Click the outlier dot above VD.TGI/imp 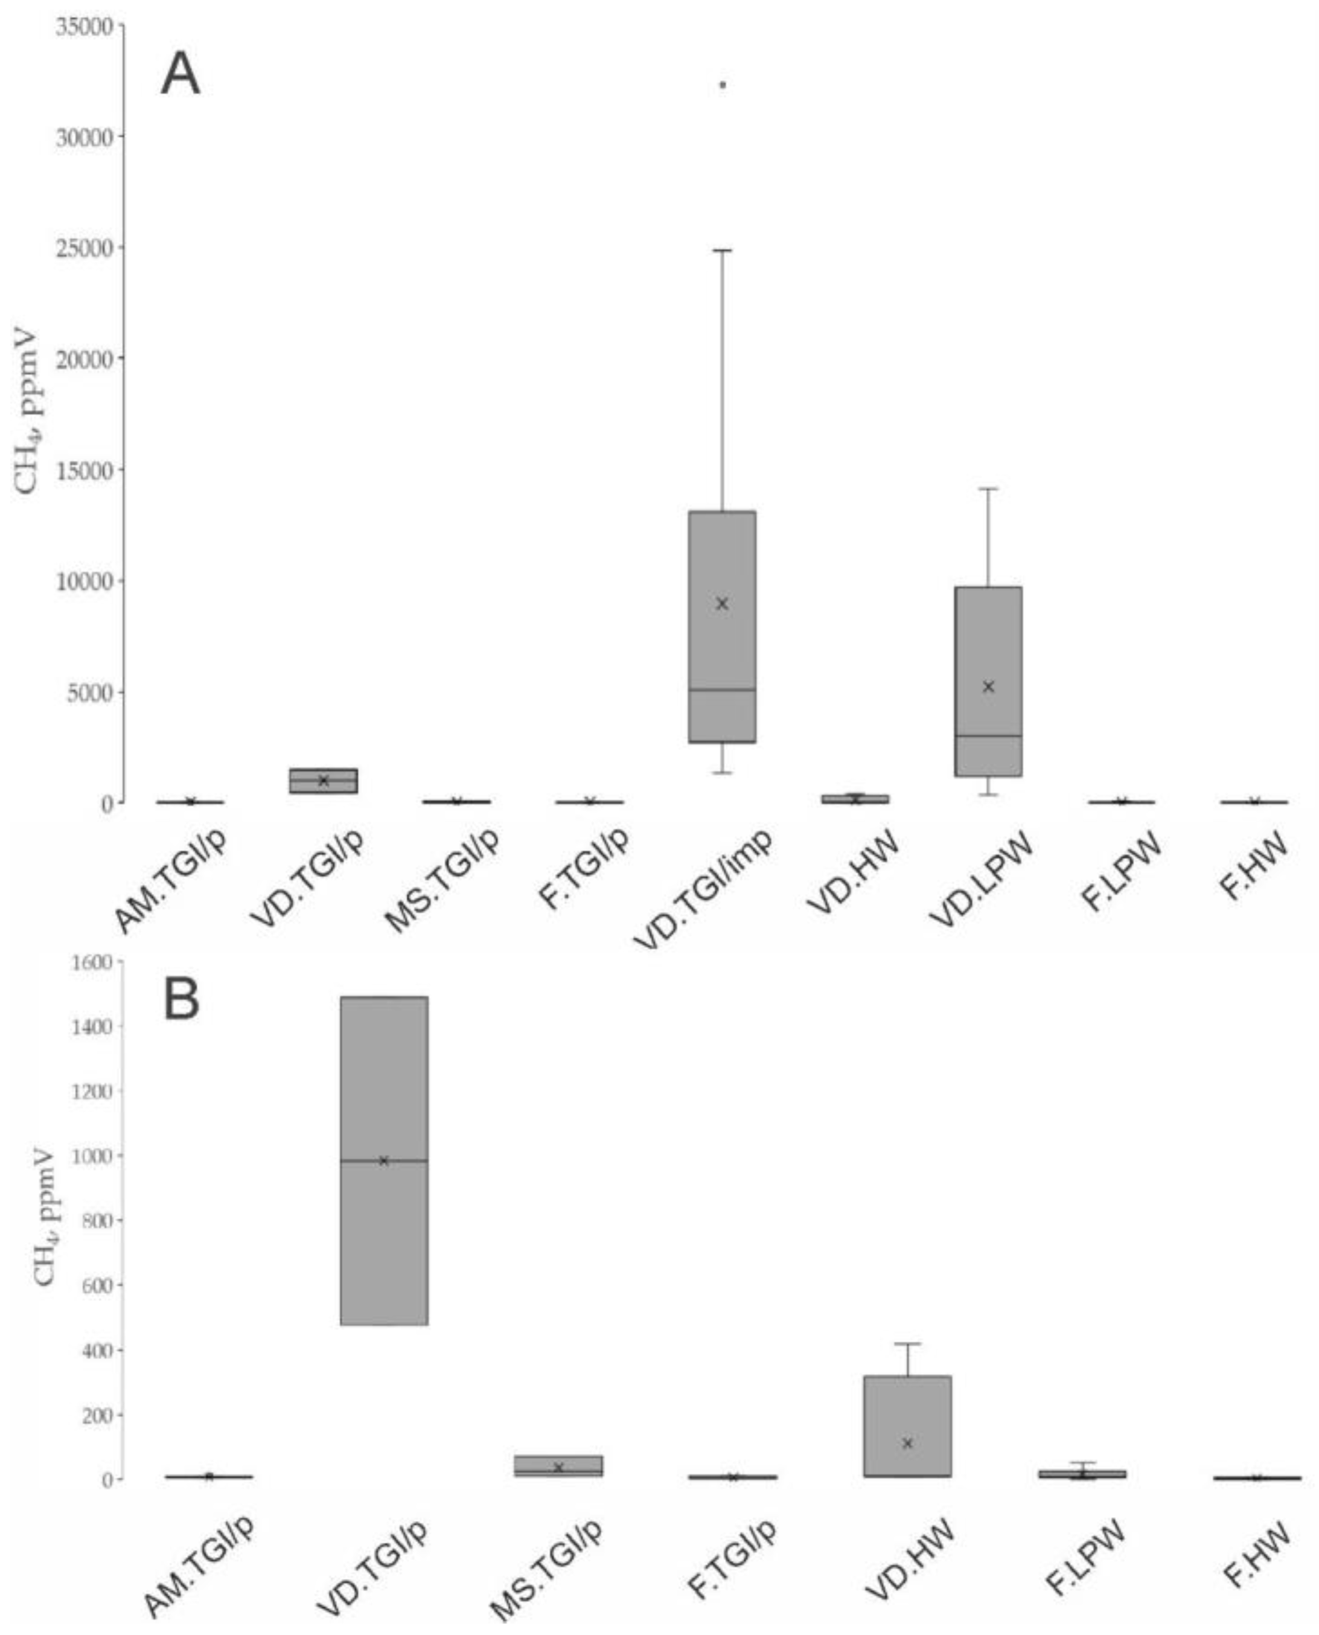723,85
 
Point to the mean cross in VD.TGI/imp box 722,604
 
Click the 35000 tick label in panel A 85,27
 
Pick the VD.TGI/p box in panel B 384,1215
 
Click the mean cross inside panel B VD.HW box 907,1443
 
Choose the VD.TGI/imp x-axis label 703,885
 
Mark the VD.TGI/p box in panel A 323,780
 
